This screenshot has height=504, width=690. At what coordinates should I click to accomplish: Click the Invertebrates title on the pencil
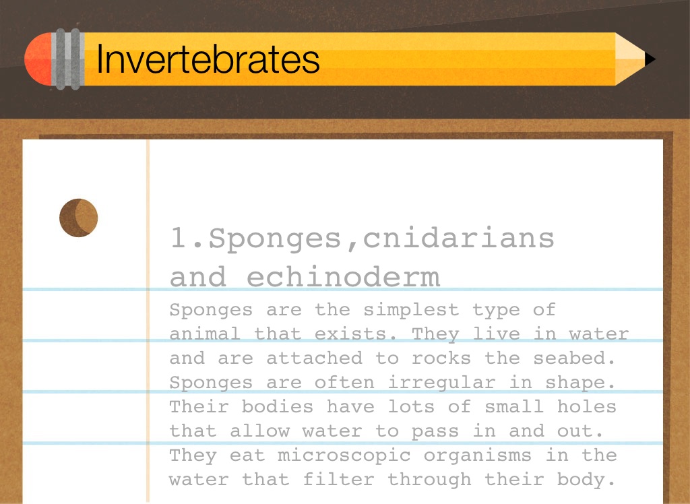208,59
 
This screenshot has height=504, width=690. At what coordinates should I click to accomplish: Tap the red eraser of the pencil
38,59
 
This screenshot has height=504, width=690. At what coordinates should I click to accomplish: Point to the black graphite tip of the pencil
650,59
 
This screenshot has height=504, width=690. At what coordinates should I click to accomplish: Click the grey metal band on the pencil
68,59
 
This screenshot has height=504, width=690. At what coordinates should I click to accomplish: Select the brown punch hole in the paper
78,218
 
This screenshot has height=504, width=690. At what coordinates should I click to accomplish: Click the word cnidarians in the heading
458,238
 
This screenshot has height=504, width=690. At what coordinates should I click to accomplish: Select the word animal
205,334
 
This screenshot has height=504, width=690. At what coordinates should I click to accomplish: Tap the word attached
315,358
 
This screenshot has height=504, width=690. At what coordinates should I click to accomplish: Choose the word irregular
441,382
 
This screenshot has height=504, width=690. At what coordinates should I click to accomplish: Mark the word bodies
277,406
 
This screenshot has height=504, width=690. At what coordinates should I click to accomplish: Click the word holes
587,406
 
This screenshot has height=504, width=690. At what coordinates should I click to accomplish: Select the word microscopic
344,455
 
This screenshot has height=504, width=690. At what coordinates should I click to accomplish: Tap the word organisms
478,455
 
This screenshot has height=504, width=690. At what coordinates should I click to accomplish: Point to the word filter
338,479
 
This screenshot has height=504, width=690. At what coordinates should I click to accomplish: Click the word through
429,479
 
